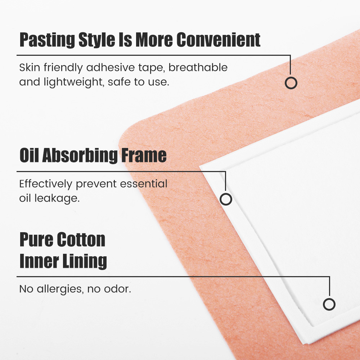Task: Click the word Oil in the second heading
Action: click(29, 156)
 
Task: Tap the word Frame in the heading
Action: click(144, 156)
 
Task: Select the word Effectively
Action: click(45, 184)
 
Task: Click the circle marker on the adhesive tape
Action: click(291, 83)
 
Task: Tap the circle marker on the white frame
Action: click(226, 199)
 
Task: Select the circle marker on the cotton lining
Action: click(329, 304)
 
